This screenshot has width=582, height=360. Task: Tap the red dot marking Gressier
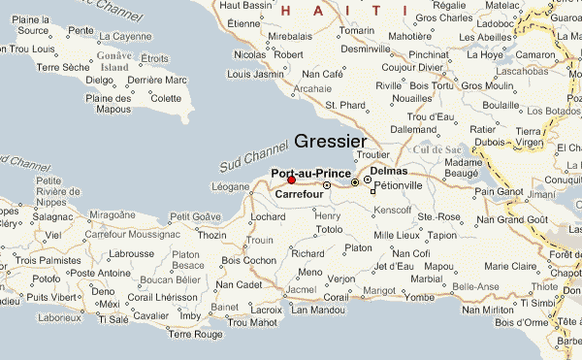tap(292, 180)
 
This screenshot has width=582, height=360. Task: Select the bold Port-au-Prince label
tap(310, 173)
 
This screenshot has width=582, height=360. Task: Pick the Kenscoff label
tap(393, 210)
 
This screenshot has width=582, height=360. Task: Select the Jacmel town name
tap(302, 289)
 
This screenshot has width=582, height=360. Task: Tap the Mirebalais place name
tap(289, 35)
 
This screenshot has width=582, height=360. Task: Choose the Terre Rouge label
tap(194, 335)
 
